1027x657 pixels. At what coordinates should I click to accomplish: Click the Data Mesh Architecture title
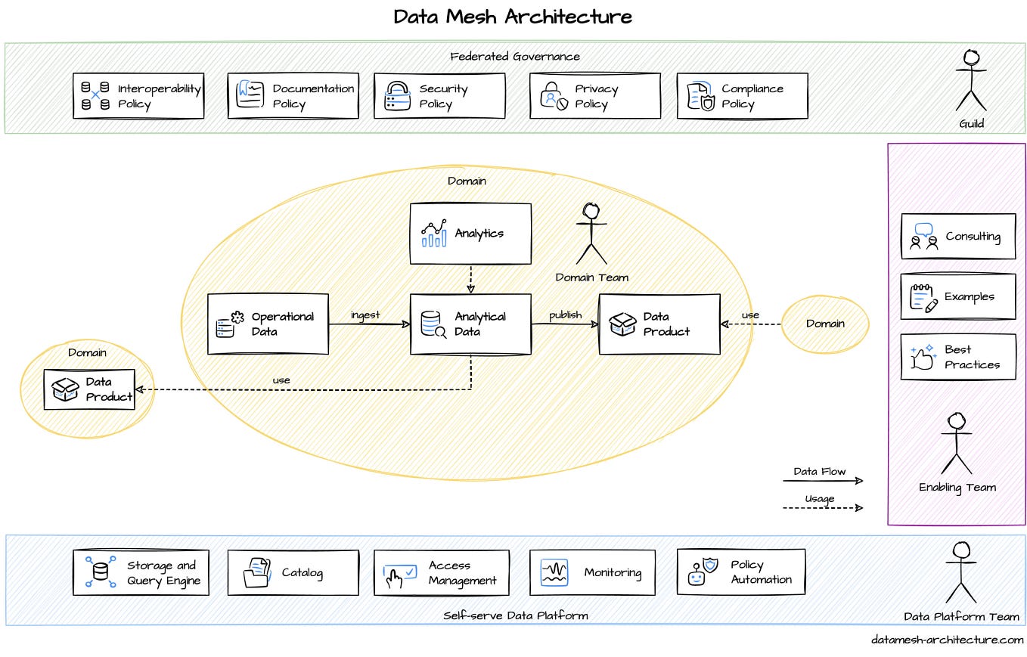click(x=513, y=17)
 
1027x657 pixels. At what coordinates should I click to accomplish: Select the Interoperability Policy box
click(x=138, y=96)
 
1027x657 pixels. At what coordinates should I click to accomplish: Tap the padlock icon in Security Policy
click(x=396, y=96)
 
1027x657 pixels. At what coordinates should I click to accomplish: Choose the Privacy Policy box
click(x=594, y=96)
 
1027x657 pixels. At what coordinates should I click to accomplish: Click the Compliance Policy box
click(x=741, y=96)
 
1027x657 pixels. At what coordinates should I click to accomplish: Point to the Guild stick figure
click(x=970, y=81)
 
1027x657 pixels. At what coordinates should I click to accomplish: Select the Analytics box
click(x=470, y=234)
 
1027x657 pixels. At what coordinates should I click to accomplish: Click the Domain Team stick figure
click(x=591, y=234)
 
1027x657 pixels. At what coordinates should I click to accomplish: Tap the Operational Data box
click(x=268, y=324)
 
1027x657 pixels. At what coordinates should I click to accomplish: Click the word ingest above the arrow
click(x=365, y=315)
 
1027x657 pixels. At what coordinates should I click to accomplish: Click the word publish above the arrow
click(x=565, y=315)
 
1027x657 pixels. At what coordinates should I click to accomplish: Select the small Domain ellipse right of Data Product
click(x=824, y=324)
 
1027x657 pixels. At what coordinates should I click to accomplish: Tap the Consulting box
click(x=957, y=236)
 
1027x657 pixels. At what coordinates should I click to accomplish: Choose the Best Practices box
click(x=957, y=357)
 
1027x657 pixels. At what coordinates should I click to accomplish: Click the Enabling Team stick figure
click(x=956, y=444)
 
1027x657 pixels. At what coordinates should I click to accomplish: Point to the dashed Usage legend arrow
click(x=822, y=508)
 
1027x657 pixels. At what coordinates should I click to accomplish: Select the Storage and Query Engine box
click(x=141, y=573)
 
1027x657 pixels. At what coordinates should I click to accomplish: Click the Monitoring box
click(x=591, y=573)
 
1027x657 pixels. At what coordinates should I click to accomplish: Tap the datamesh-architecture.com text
click(x=947, y=640)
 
